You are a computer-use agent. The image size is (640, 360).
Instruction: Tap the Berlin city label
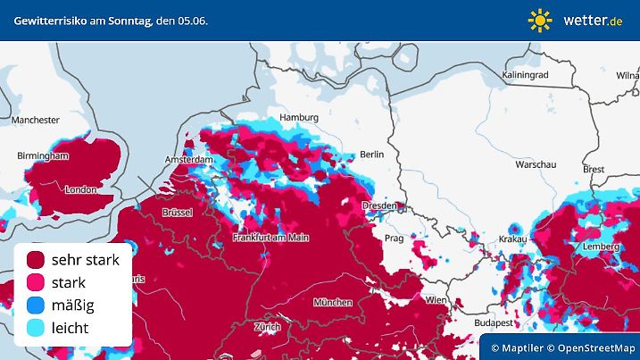(371, 155)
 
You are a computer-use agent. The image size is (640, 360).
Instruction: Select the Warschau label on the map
(536, 165)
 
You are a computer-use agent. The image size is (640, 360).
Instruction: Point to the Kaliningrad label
(526, 75)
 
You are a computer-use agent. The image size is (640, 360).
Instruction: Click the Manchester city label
(36, 120)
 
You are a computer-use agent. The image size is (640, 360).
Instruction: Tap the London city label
(80, 189)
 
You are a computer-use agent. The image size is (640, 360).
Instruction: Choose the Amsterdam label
(189, 160)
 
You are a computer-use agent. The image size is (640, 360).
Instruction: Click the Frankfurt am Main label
(270, 238)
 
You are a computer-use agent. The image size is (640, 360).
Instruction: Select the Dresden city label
(379, 206)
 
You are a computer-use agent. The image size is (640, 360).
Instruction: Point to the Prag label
(394, 239)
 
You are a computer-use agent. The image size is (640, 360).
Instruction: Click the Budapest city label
(492, 322)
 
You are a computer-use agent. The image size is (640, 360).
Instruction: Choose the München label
(333, 303)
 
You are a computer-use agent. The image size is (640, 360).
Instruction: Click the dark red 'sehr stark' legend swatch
(36, 260)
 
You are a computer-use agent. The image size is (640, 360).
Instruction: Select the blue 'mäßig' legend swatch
(36, 306)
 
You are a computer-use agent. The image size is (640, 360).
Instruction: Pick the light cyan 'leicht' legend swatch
(36, 328)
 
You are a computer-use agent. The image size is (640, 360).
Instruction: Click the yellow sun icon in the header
(540, 20)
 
